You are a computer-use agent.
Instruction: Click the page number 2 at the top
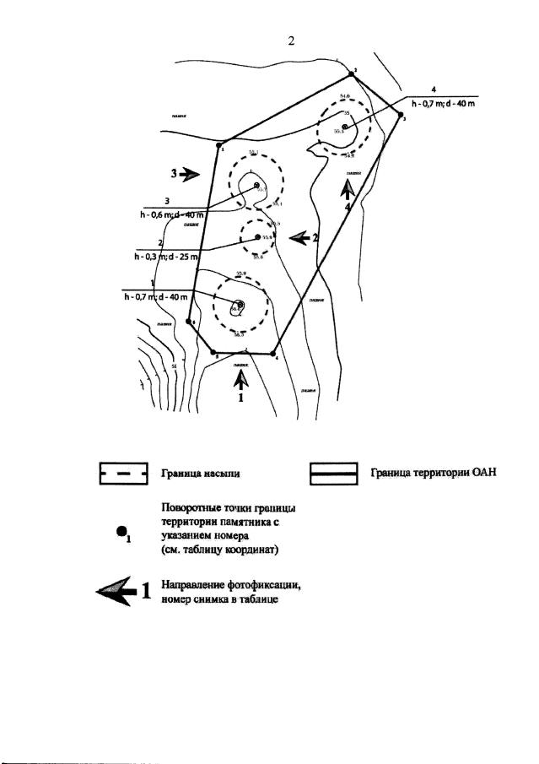[291, 42]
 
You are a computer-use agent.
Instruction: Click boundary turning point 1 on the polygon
[218, 145]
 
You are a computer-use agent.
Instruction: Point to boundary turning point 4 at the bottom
[272, 353]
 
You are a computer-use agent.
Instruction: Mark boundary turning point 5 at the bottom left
[213, 352]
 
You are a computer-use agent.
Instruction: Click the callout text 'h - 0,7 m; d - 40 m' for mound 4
[443, 104]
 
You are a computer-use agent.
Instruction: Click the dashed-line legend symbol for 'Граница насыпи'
[123, 475]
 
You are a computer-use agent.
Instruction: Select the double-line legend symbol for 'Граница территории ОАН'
[335, 475]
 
